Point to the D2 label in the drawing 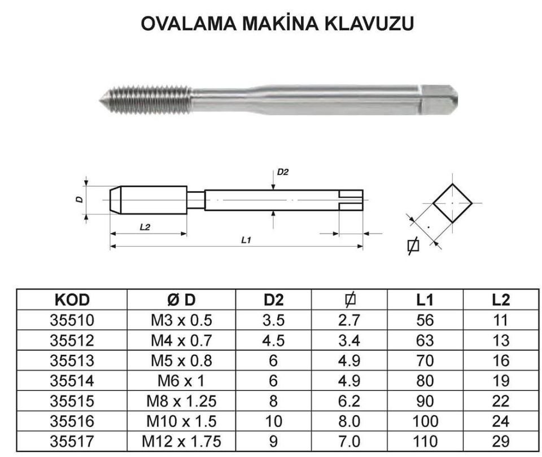282,172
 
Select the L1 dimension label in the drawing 246,240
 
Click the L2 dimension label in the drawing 145,226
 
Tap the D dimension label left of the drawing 80,199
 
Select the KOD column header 72,300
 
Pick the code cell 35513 72,361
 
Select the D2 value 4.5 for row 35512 273,340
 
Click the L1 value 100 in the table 425,421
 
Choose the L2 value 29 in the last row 500,441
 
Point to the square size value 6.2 349,401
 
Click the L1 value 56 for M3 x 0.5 425,320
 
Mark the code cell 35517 72,441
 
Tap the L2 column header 500,300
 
